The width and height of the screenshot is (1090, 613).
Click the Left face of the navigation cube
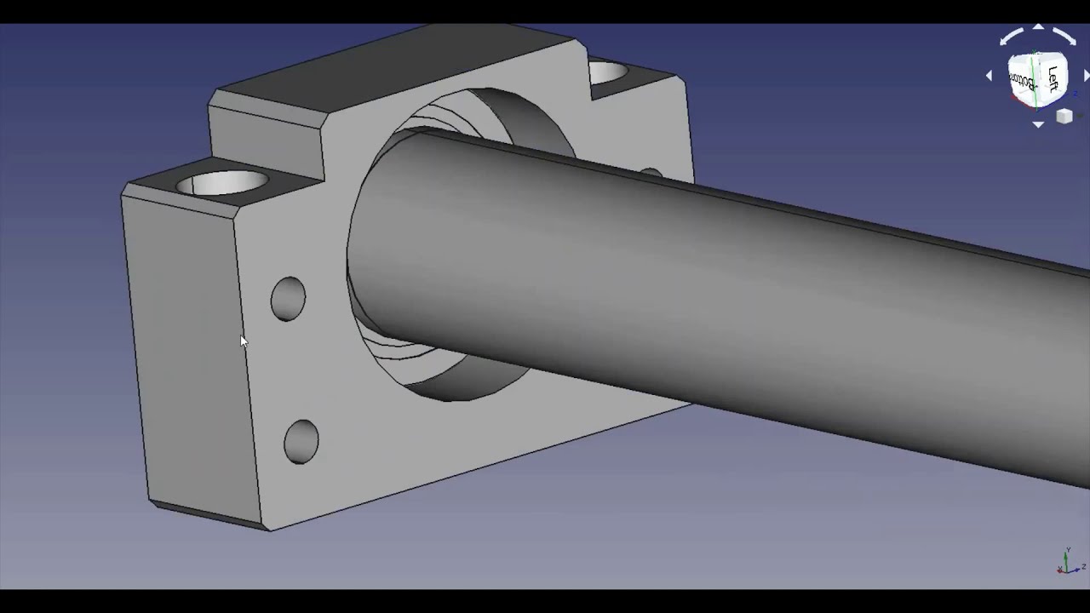click(x=1053, y=79)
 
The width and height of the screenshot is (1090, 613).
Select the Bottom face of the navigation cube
click(x=1022, y=82)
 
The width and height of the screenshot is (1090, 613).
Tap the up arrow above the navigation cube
click(x=1038, y=28)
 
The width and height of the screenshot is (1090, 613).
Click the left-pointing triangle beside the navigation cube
click(x=989, y=76)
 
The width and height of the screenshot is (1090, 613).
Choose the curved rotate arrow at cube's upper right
click(x=1064, y=37)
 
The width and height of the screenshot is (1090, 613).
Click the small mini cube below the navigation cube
click(x=1064, y=117)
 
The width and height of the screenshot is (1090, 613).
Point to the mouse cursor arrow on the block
click(x=243, y=341)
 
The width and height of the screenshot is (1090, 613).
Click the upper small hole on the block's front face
click(x=288, y=299)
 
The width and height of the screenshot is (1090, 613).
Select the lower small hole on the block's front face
click(x=301, y=441)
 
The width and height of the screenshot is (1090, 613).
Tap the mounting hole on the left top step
click(x=223, y=182)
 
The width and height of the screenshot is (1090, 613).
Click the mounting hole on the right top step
click(x=609, y=72)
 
